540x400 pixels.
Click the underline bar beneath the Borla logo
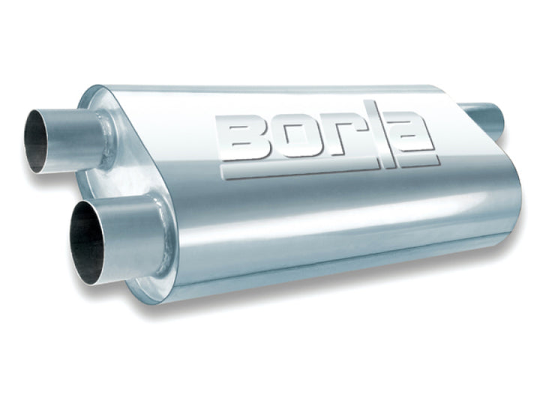330,169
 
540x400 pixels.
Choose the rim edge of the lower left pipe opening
73,243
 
